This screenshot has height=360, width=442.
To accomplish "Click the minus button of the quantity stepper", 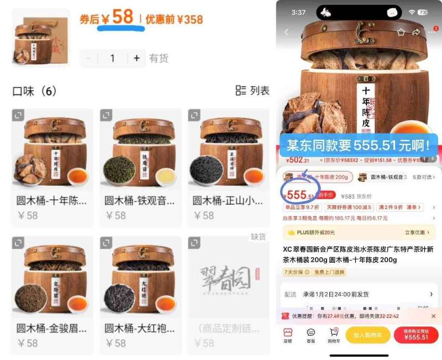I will point(89,58).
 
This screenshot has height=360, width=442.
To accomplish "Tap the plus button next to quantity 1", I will point(136,58).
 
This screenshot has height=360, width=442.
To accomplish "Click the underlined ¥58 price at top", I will point(122,18).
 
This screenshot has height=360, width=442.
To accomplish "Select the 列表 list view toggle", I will point(252,91).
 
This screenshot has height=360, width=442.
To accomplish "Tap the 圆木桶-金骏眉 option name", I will point(51,328).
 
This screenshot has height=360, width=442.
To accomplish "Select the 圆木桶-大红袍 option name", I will point(140,328).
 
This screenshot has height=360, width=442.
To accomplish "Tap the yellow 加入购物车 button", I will point(367,335).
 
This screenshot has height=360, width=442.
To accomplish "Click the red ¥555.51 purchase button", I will point(416,335).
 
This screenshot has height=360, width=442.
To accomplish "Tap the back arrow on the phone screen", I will point(286,32).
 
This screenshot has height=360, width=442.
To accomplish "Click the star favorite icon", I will point(401,32).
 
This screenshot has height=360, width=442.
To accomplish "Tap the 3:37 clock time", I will point(298,12).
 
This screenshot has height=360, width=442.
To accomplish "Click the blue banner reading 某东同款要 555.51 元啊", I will point(359,145).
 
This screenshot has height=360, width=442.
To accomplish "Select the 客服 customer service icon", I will point(311,335).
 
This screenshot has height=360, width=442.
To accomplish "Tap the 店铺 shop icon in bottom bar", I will point(287,335).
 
